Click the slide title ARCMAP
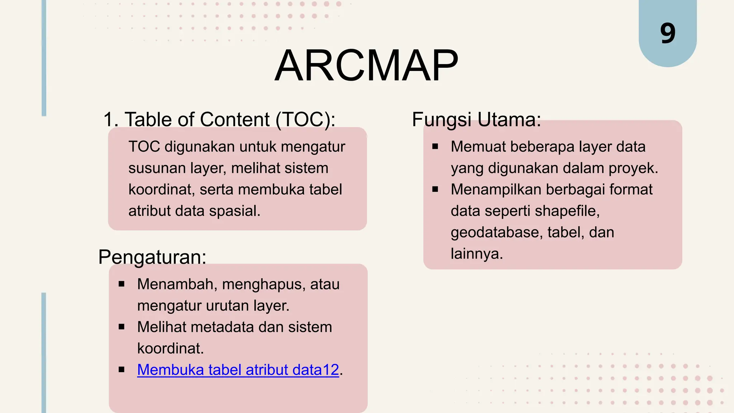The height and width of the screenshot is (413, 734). tap(366, 66)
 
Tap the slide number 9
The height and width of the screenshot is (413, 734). tap(668, 33)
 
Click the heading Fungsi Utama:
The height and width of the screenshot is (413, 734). tap(476, 119)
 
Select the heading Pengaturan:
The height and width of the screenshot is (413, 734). tap(152, 257)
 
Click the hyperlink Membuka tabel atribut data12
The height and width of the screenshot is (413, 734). tap(238, 370)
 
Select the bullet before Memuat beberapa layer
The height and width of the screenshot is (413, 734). tap(435, 146)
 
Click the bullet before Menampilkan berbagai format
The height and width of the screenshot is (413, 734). tap(435, 189)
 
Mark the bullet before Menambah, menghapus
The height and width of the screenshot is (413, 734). tap(121, 284)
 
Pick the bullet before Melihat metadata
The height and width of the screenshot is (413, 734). tap(121, 327)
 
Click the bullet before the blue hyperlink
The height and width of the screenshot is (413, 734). tap(121, 370)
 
